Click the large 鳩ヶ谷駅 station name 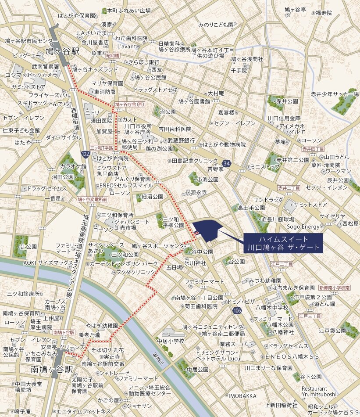tap(63, 51)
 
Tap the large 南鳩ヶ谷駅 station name tap(52, 370)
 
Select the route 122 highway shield tap(86, 153)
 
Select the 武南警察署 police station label tap(45, 67)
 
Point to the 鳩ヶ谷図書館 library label tap(194, 101)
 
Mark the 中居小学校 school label tap(171, 341)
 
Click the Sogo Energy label tap(303, 226)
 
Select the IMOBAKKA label tap(242, 395)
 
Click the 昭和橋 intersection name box tap(113, 56)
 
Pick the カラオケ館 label tap(73, 167)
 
